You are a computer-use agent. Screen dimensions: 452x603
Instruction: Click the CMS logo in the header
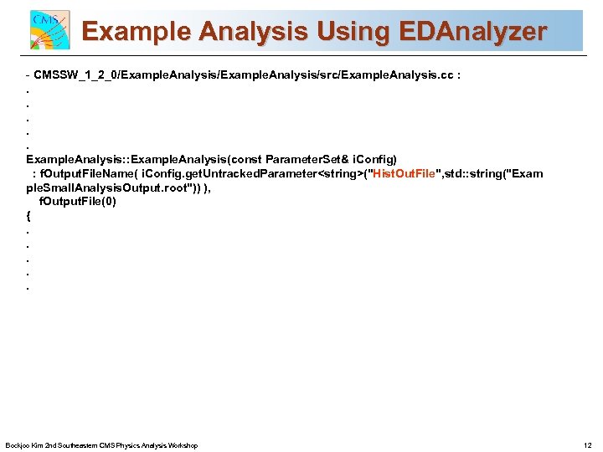[x=49, y=31]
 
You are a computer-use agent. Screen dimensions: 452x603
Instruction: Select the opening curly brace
[x=28, y=216]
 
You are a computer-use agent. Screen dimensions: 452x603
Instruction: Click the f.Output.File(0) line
[x=78, y=202]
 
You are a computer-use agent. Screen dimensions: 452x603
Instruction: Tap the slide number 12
[x=586, y=445]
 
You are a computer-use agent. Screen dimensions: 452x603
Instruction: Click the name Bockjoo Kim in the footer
[x=24, y=445]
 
